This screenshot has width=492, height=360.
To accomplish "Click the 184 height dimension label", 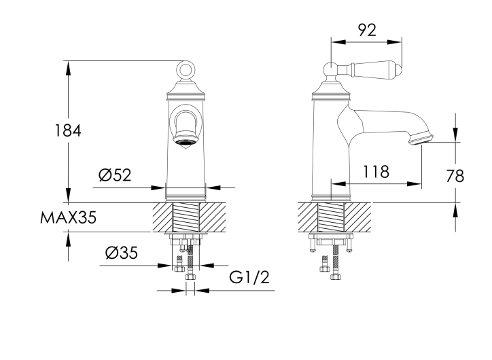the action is click(68, 130).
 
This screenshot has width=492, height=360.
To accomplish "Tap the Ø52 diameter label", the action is click(115, 175).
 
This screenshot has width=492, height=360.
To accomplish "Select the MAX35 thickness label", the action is click(68, 217).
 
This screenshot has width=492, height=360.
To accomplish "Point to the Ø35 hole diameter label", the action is click(122, 253).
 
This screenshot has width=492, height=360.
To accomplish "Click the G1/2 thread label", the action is click(249, 277).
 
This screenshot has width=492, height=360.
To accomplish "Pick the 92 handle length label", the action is click(367, 30).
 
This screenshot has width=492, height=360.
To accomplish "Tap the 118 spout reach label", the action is click(376, 172).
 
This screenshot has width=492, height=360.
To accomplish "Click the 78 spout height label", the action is click(455, 176).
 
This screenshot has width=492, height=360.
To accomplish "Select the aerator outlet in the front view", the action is click(186, 142).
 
